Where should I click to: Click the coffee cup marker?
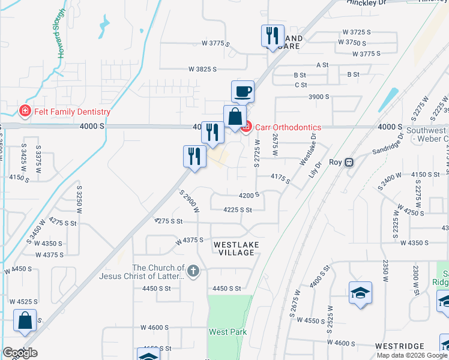243,92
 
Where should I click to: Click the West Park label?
228,332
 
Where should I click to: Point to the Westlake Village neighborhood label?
235,249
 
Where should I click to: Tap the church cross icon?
193,271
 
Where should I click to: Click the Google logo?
20,353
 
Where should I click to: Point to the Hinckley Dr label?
367,2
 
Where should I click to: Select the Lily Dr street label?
319,167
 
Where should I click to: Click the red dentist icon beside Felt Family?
25,111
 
